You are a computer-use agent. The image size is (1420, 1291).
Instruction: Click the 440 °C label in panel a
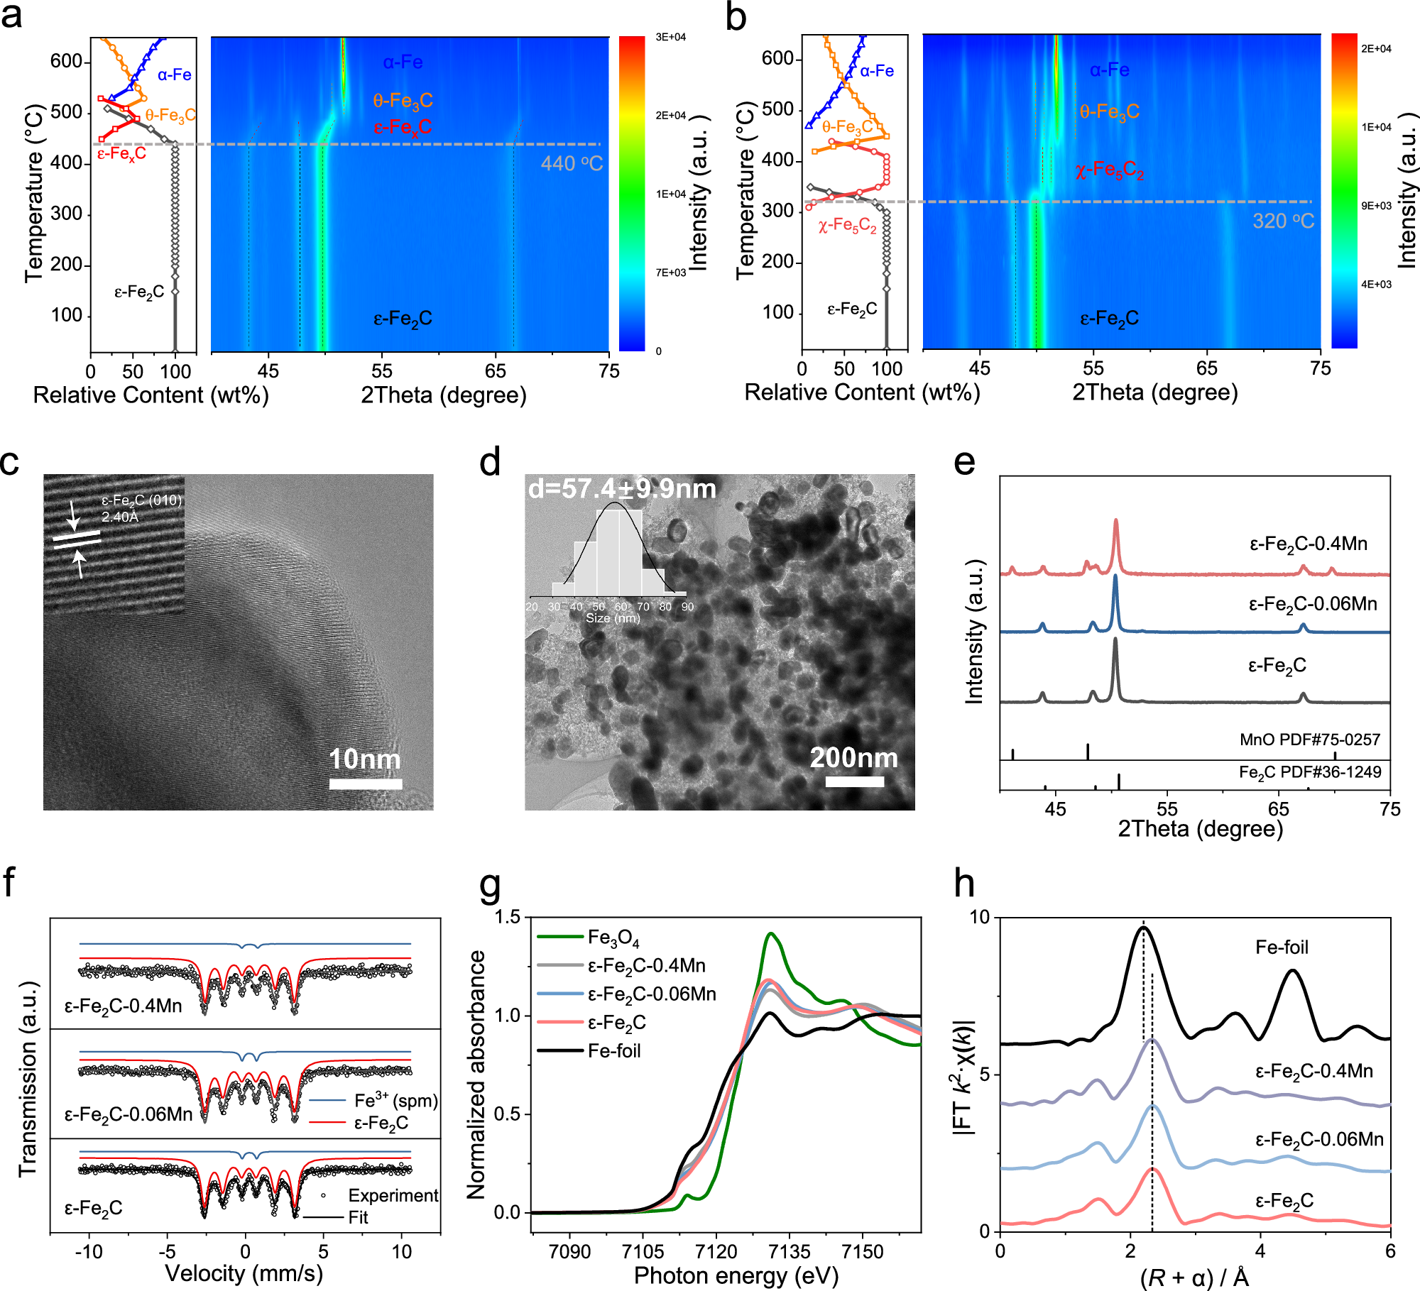572,164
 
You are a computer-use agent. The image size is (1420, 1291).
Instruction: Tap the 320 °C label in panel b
1283,221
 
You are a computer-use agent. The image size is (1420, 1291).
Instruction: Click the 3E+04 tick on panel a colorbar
670,37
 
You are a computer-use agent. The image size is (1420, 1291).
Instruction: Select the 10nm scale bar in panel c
366,784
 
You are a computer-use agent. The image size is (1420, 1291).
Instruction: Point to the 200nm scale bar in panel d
854,781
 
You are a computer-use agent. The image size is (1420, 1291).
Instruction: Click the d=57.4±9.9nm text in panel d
622,489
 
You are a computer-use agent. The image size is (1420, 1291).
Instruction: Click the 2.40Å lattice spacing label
120,517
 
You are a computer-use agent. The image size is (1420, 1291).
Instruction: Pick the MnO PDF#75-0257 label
1309,740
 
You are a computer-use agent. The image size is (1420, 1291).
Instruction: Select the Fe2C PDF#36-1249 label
1309,772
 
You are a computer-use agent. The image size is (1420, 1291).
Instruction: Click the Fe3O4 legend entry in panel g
613,938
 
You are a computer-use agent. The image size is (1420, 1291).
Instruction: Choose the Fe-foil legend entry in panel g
613,1051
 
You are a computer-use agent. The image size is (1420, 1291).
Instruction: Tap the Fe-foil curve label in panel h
1281,947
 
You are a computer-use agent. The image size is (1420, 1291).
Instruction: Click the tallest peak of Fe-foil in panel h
1143,928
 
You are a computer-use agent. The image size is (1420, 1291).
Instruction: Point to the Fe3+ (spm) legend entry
395,1101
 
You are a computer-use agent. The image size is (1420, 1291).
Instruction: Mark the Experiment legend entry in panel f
393,1195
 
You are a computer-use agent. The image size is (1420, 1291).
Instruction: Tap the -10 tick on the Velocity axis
89,1251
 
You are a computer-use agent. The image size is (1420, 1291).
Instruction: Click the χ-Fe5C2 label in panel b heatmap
1109,170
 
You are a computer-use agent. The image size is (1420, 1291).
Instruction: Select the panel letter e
964,463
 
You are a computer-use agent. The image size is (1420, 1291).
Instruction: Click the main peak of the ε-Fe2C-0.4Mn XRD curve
1116,522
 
